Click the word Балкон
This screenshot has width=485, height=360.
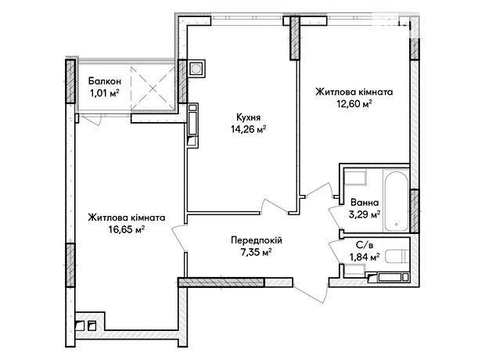pyautogui.click(x=104, y=81)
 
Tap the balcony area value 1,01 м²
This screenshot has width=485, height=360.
pyautogui.click(x=104, y=93)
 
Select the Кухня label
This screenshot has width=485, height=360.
pyautogui.click(x=249, y=117)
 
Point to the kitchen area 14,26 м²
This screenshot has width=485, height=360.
pyautogui.click(x=249, y=129)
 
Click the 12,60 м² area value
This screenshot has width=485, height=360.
pyautogui.click(x=354, y=104)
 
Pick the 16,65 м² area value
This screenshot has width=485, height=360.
pyautogui.click(x=127, y=229)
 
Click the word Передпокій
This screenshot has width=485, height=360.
pyautogui.click(x=257, y=240)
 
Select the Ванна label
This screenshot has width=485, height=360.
pyautogui.click(x=365, y=203)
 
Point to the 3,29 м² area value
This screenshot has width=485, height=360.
pyautogui.click(x=365, y=214)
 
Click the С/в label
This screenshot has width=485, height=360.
pyautogui.click(x=365, y=246)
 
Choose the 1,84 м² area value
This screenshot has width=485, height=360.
pyautogui.click(x=365, y=257)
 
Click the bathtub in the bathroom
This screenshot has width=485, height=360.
pyautogui.click(x=396, y=200)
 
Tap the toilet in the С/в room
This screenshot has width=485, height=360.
pyautogui.click(x=396, y=256)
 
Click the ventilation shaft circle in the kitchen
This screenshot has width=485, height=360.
pyautogui.click(x=196, y=68)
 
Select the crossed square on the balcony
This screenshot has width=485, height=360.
pyautogui.click(x=153, y=88)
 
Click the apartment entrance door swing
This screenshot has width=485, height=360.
pyautogui.click(x=311, y=291)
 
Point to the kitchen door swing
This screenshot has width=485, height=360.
pyautogui.click(x=275, y=206)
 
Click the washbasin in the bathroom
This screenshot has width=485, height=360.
pyautogui.click(x=355, y=178)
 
